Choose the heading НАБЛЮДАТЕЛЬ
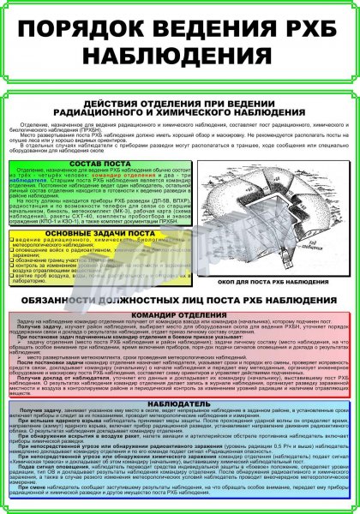click(181, 402)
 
